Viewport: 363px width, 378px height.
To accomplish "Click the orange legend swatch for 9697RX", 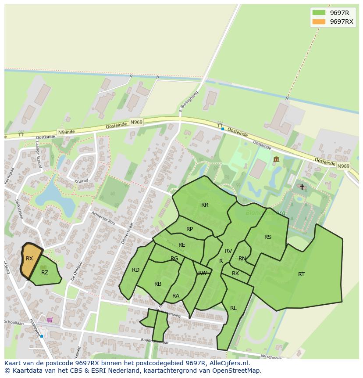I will [x=319, y=22].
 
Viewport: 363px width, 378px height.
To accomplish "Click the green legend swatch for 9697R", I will [x=319, y=13].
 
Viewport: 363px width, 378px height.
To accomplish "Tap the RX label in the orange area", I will [x=29, y=259].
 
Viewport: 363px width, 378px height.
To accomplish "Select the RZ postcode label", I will [x=45, y=273].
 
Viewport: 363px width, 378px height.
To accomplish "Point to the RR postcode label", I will [x=205, y=205].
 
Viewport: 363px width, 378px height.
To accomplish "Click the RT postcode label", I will [x=301, y=274].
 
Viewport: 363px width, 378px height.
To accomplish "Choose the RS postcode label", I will [x=268, y=237].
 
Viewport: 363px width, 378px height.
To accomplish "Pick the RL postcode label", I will [x=233, y=308].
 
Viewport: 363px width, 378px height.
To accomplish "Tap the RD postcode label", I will [x=135, y=270].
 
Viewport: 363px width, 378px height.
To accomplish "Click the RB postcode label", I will [x=158, y=284].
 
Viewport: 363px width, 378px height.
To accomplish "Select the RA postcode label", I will [x=176, y=296].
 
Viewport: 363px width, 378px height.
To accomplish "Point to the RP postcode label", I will [x=189, y=229].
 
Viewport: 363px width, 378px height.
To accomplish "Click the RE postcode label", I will [x=182, y=245].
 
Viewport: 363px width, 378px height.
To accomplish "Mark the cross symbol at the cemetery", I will [x=302, y=187].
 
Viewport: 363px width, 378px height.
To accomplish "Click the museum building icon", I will [x=276, y=159].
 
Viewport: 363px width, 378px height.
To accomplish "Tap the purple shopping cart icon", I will [x=50, y=320].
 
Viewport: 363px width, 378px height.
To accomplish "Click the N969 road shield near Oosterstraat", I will [x=136, y=122].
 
